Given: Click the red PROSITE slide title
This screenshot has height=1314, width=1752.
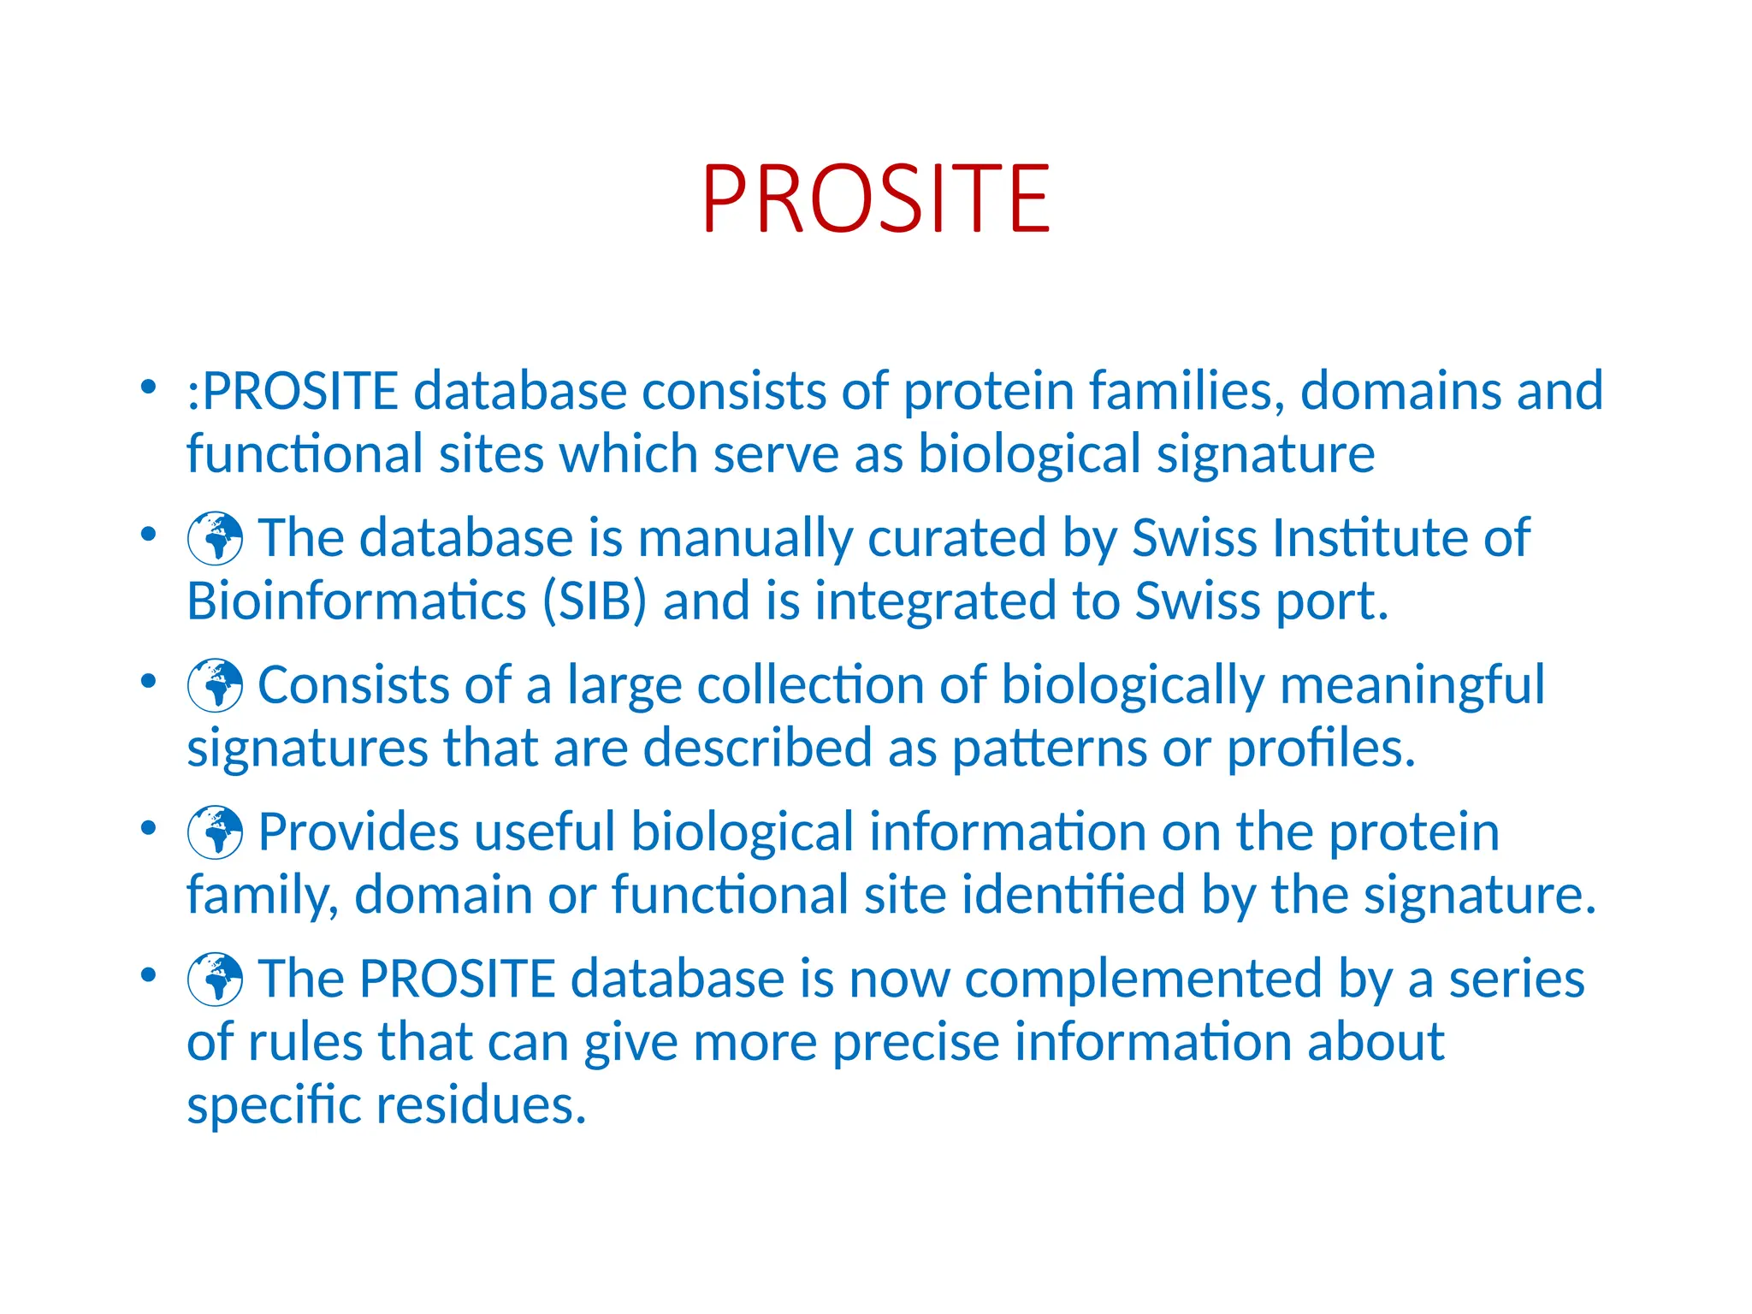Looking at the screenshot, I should point(876,199).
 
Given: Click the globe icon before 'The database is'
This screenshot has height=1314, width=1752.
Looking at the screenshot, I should point(216,538).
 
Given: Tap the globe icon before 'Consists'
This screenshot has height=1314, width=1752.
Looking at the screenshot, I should point(216,685).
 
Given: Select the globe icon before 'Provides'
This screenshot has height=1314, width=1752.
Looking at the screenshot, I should point(216,832).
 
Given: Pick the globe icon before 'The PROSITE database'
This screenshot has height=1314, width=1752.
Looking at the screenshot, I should point(216,980).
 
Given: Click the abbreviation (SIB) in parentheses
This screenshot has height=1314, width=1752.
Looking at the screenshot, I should point(595,601).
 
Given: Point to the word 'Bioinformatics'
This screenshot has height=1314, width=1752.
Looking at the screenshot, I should point(356,601).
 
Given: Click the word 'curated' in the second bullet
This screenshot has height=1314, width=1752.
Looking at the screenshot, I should point(957,538).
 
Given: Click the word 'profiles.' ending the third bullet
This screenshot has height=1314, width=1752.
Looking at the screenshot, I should point(1322,749).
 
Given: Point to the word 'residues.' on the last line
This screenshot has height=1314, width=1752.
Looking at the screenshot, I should point(482,1104).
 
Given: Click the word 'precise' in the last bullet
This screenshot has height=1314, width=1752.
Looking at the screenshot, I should point(915,1043).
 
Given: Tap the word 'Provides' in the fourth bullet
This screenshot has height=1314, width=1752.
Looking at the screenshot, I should point(358,832).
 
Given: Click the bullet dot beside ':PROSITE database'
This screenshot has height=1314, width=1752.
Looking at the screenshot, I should point(149,388).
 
